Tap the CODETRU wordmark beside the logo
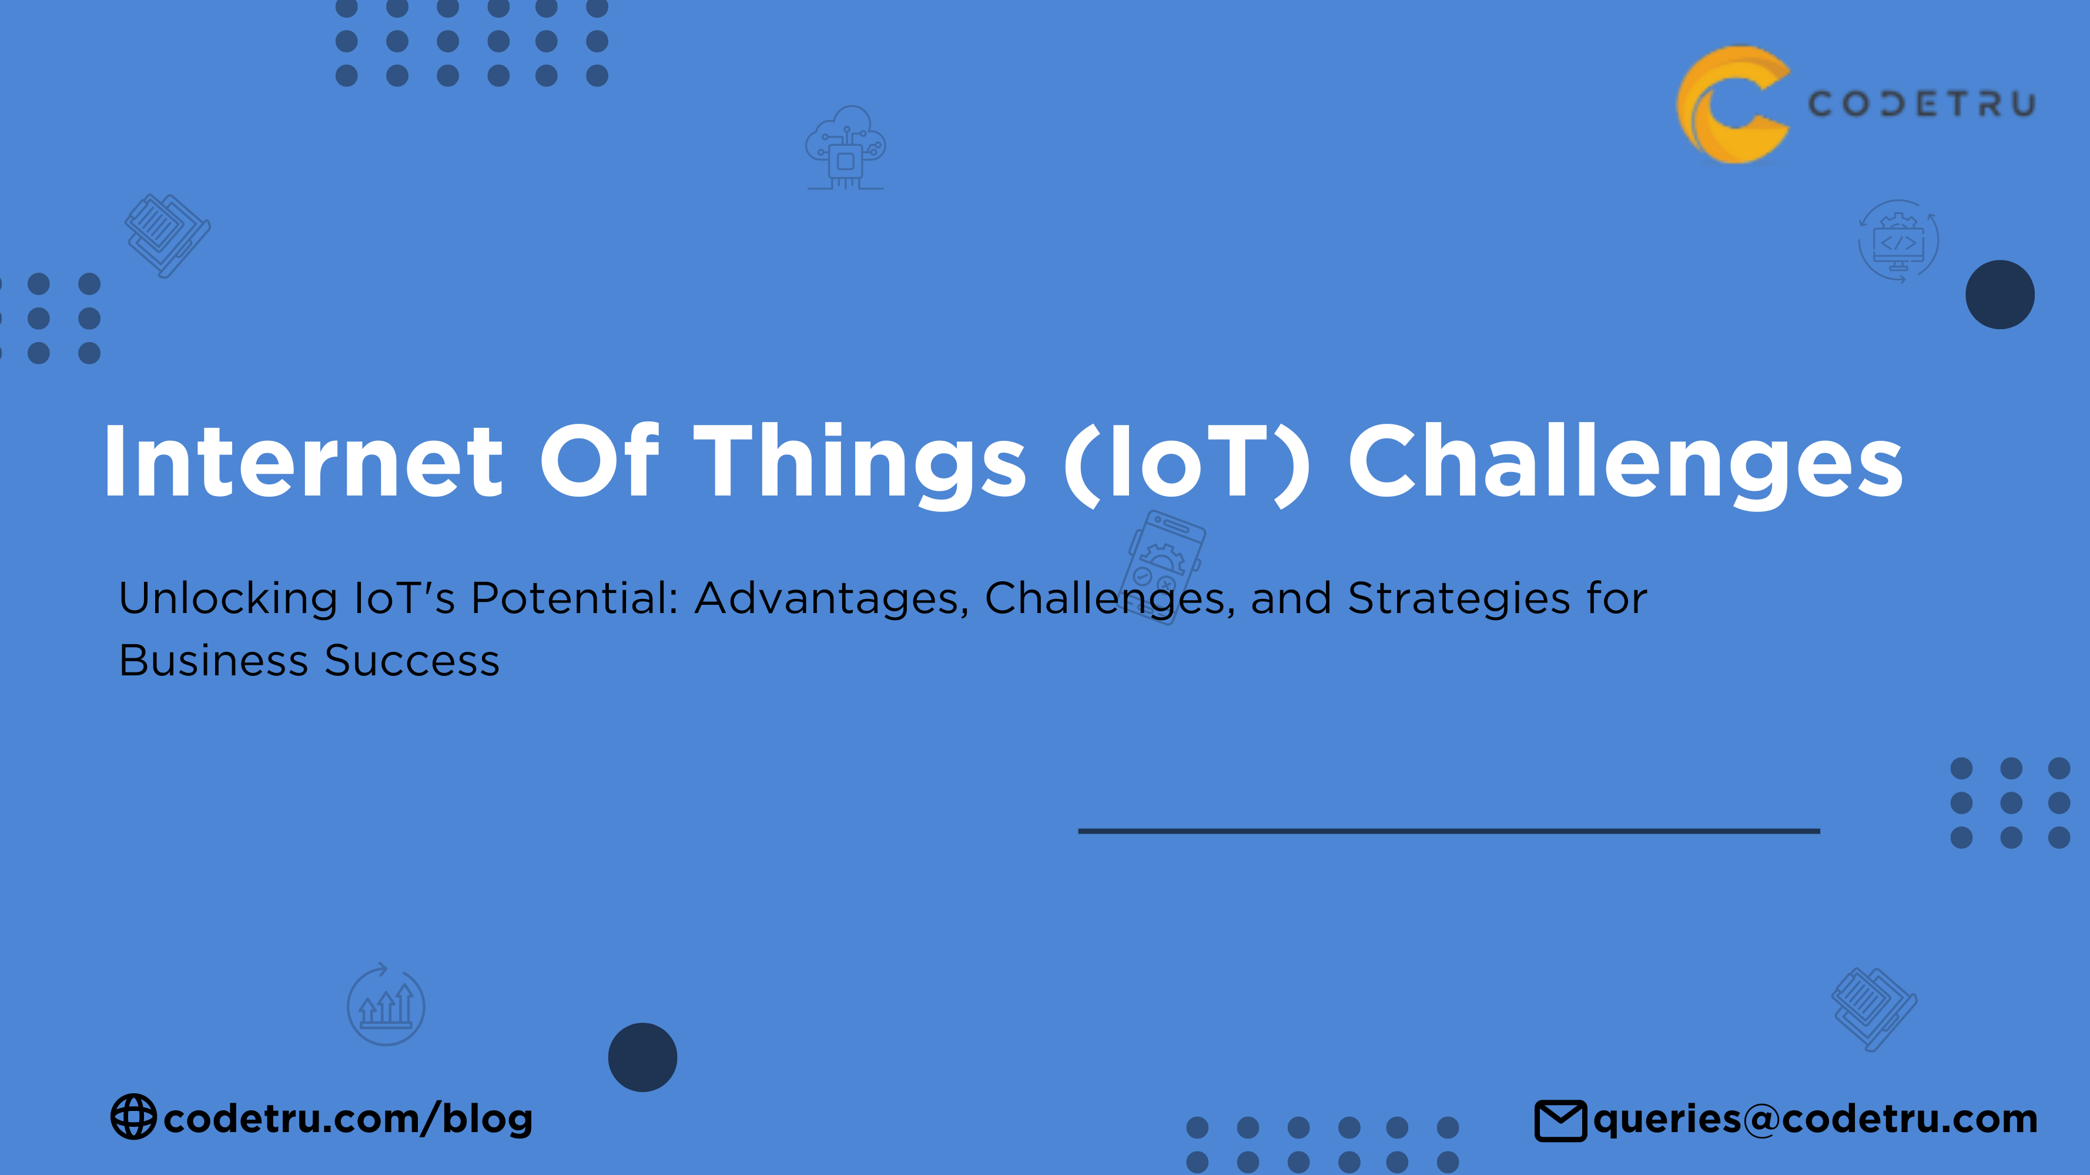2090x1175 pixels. pos(1921,105)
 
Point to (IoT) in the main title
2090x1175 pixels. pos(1186,463)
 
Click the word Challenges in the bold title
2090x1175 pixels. pos(1625,463)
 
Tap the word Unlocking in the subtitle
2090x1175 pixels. pos(228,599)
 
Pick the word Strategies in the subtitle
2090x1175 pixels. pos(1459,599)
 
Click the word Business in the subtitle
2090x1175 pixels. pos(213,661)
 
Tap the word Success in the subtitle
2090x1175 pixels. pos(412,661)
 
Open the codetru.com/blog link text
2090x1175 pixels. pos(348,1118)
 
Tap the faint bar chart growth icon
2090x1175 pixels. pos(386,1006)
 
